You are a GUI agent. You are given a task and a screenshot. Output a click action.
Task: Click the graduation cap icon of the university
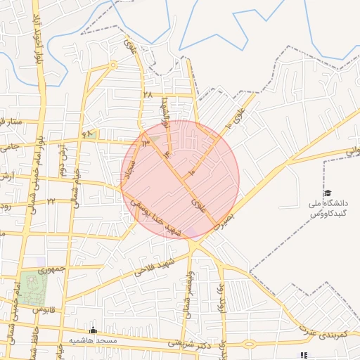pyautogui.click(x=327, y=193)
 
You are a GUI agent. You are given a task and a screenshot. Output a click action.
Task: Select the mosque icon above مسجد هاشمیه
pyautogui.click(x=93, y=330)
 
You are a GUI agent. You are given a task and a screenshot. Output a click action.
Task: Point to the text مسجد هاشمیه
pyautogui.click(x=92, y=340)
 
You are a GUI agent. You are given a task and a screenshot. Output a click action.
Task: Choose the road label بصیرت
pyautogui.click(x=224, y=221)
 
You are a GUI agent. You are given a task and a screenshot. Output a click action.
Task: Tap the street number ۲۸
pyautogui.click(x=147, y=94)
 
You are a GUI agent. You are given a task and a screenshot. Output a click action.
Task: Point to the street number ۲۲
pyautogui.click(x=51, y=201)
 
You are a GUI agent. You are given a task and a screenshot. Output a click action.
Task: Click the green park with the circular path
pyautogui.click(x=30, y=288)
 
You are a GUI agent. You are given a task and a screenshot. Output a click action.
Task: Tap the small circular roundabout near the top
pyautogui.click(x=112, y=66)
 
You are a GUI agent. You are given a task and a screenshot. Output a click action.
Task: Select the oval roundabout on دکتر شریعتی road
pyautogui.click(x=249, y=345)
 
